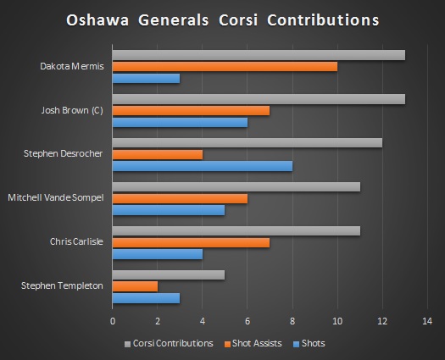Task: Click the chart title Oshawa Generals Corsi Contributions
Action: click(223, 19)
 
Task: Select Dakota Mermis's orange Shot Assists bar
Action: click(225, 67)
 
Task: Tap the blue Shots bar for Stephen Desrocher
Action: click(203, 166)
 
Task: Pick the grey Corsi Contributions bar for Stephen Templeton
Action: click(169, 274)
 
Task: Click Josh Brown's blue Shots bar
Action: click(180, 122)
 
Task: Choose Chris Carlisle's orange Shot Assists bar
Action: click(191, 242)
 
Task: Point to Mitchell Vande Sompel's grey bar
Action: click(236, 186)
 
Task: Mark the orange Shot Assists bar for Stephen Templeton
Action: click(135, 285)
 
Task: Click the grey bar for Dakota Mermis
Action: click(259, 56)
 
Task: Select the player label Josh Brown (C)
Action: click(72, 110)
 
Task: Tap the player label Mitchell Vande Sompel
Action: click(56, 197)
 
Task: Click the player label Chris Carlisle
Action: click(77, 241)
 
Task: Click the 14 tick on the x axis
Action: click(426, 321)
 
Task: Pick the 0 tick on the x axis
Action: click(113, 321)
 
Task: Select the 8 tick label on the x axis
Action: click(292, 321)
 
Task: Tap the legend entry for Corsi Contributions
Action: click(170, 343)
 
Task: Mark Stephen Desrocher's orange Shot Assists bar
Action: click(158, 154)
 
